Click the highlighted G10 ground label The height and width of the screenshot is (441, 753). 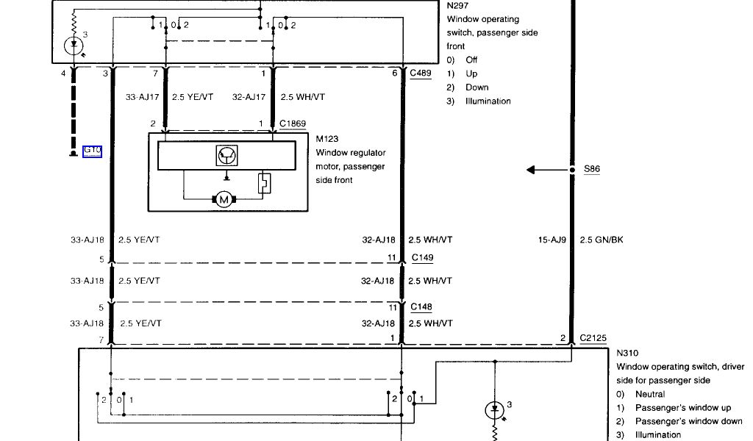[x=93, y=151]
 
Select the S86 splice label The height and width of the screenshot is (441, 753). [x=592, y=169]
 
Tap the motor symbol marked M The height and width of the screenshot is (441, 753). [x=222, y=199]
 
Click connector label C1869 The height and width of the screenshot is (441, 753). [x=292, y=123]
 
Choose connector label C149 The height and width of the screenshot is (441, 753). [x=422, y=257]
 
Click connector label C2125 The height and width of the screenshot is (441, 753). [x=592, y=338]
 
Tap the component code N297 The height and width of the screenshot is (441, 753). [x=458, y=5]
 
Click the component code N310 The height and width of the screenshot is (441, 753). [x=628, y=353]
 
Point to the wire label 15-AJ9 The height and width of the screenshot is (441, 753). [x=553, y=240]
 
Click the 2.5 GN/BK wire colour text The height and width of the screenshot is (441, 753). [x=601, y=240]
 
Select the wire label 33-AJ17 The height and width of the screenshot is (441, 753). [x=141, y=96]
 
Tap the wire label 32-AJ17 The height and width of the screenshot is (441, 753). [x=248, y=96]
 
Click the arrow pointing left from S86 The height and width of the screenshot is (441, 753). [x=540, y=170]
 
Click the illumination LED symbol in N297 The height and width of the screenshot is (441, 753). [x=74, y=46]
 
